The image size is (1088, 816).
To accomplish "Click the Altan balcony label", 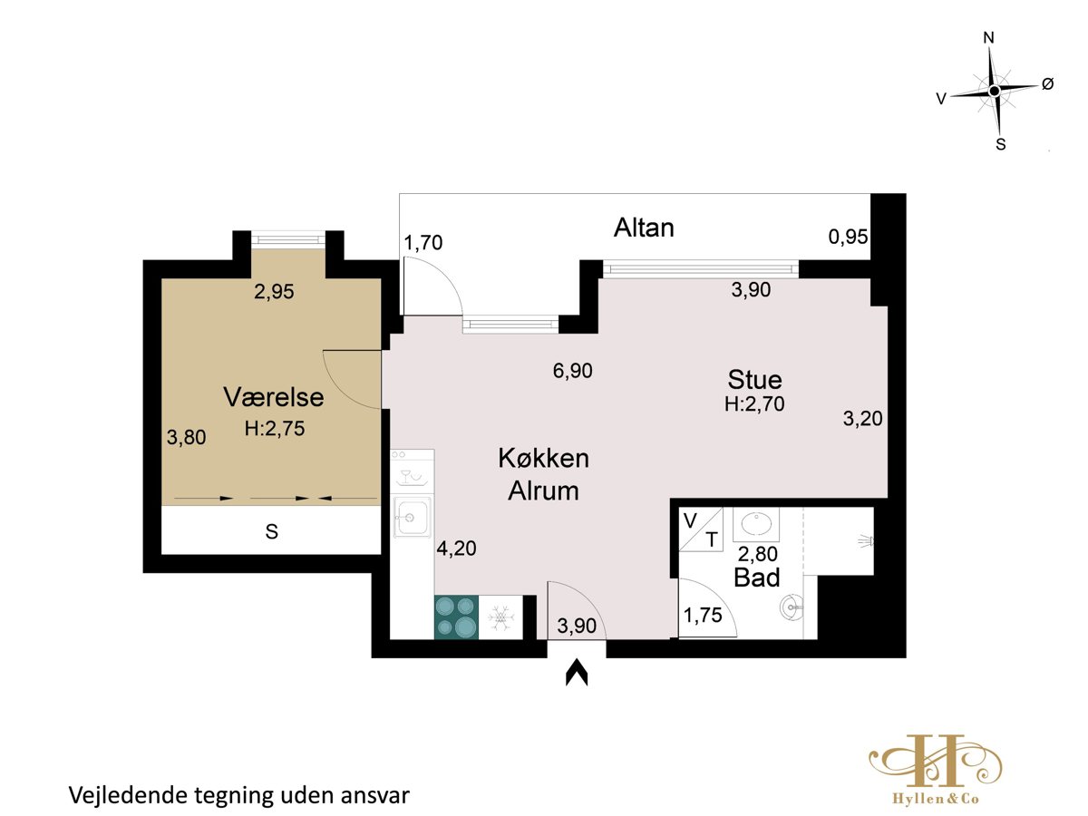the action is [644, 228].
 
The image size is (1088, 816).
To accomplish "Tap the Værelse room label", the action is [274, 397].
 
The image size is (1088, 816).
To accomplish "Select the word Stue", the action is [754, 380].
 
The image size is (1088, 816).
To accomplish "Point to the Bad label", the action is [756, 578].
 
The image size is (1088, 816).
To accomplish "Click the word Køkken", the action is [544, 458].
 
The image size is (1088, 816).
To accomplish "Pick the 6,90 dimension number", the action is [572, 371].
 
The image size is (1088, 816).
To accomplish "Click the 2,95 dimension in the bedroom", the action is [274, 291].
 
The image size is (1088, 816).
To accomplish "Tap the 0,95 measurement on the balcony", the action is [848, 237].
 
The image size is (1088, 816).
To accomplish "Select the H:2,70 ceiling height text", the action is [754, 404].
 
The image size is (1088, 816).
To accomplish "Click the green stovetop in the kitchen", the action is [457, 617].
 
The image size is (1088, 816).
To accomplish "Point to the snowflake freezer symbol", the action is [501, 617].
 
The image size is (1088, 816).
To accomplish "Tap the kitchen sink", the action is [412, 517].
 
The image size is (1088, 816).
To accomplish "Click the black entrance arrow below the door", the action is [577, 673].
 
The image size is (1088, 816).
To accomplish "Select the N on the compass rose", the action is [988, 38].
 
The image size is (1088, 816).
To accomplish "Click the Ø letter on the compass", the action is [1047, 84].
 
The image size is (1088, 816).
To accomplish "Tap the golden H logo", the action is [936, 767].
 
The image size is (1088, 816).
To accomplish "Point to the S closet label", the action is [272, 531].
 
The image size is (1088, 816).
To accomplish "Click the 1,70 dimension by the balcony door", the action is [423, 243].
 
